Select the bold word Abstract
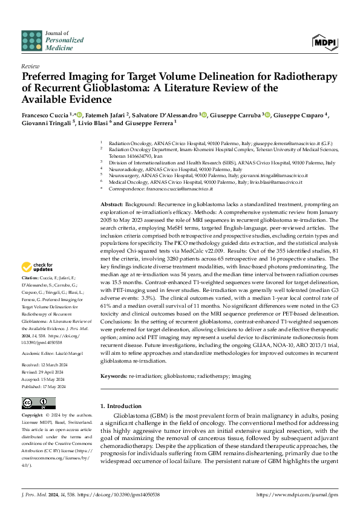(x=112, y=205)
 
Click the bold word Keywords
(x=114, y=376)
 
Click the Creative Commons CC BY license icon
(x=34, y=403)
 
